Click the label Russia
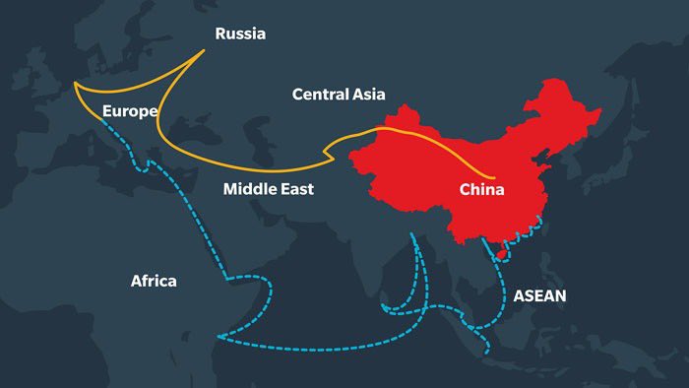click(240, 33)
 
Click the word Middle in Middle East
click(249, 188)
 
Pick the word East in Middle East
click(295, 188)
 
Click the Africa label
click(154, 281)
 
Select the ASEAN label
click(539, 294)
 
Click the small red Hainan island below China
click(500, 254)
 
